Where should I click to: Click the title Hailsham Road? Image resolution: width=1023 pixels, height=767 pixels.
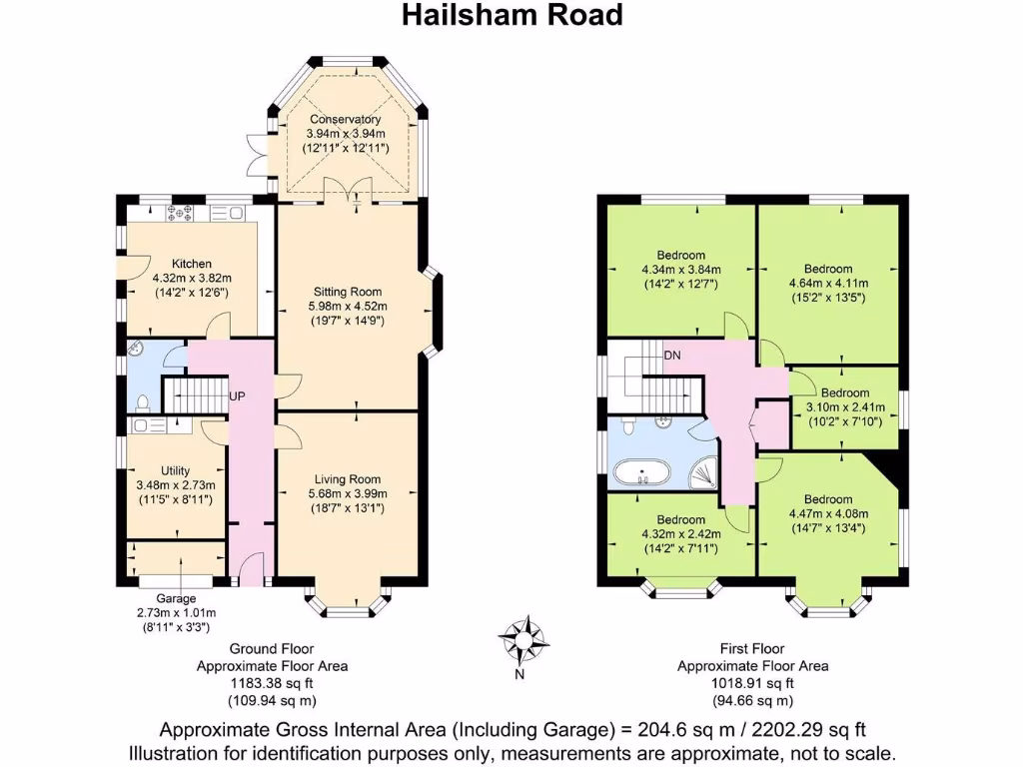point(511,15)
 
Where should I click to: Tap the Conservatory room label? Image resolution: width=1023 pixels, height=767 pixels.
point(345,120)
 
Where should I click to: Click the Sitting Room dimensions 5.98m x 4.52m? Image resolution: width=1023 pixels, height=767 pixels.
point(346,307)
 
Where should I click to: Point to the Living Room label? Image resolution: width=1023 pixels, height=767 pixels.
point(346,479)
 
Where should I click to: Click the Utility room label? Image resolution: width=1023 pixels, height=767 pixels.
point(175,470)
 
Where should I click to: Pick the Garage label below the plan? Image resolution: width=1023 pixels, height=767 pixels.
point(175,598)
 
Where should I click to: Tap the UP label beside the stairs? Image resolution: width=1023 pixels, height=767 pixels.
point(238,396)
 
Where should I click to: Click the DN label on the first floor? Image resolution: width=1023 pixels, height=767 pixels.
point(673,355)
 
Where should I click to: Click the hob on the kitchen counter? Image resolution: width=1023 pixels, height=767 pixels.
point(185,212)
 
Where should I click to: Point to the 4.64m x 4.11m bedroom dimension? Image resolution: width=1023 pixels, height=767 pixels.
point(828,284)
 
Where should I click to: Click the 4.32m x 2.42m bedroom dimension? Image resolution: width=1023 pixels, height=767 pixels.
point(681,533)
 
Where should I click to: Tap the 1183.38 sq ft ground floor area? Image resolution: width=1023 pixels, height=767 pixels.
point(272,683)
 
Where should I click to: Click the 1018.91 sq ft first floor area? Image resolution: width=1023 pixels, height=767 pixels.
point(752,683)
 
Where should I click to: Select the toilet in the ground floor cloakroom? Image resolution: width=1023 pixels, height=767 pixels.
point(143,402)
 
